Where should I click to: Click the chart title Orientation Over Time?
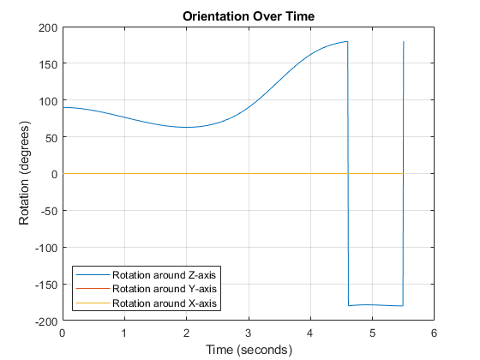tap(248, 16)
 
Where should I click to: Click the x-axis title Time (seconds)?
tap(248, 350)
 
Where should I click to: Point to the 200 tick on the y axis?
tap(48, 27)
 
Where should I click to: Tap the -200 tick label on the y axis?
tap(46, 321)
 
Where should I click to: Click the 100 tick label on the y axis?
tap(48, 101)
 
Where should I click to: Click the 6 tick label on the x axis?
tap(434, 333)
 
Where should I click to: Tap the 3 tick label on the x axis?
tap(249, 333)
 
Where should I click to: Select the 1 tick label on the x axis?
tap(124, 333)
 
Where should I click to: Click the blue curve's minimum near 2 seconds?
tap(186, 128)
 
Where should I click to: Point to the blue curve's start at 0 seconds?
tap(63, 107)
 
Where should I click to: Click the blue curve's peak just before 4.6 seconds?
tap(345, 42)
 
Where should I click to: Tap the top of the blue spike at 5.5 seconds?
tap(403, 42)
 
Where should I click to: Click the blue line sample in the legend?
tap(93, 274)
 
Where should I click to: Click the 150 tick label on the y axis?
tap(48, 64)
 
